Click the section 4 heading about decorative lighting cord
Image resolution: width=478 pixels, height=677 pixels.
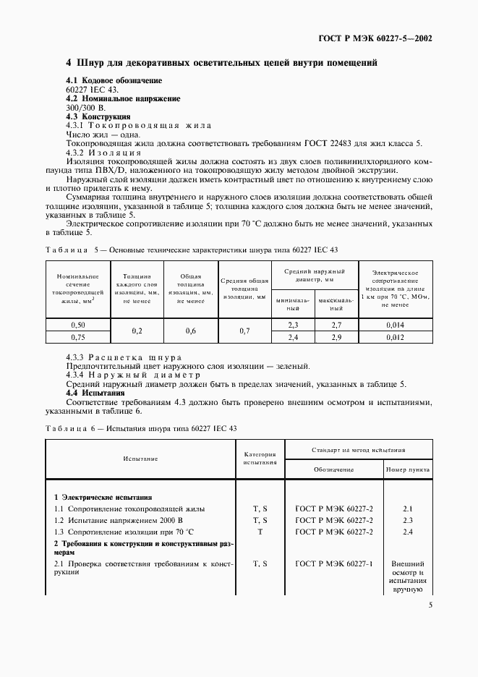(221, 63)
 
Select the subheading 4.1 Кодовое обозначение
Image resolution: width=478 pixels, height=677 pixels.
(114, 80)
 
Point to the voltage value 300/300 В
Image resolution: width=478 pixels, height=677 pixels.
(85, 107)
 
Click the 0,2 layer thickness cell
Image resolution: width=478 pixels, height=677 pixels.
(137, 331)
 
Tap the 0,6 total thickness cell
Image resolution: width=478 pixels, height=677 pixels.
(191, 331)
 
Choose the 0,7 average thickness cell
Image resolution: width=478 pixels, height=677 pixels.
(244, 331)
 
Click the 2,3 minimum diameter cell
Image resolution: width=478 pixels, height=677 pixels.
(294, 325)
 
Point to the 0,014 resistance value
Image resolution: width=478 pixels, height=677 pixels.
(395, 325)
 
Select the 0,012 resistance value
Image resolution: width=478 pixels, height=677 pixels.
(395, 337)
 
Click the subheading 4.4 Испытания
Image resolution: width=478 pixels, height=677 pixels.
(95, 393)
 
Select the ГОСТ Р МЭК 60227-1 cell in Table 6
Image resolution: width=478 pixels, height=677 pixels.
(334, 563)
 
